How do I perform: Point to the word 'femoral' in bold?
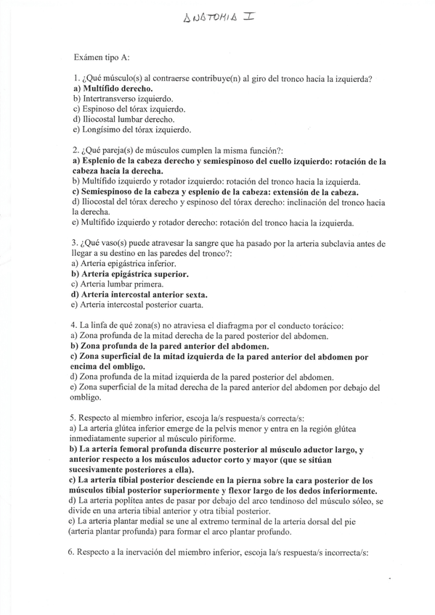point(136,450)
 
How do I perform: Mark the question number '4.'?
point(77,326)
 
